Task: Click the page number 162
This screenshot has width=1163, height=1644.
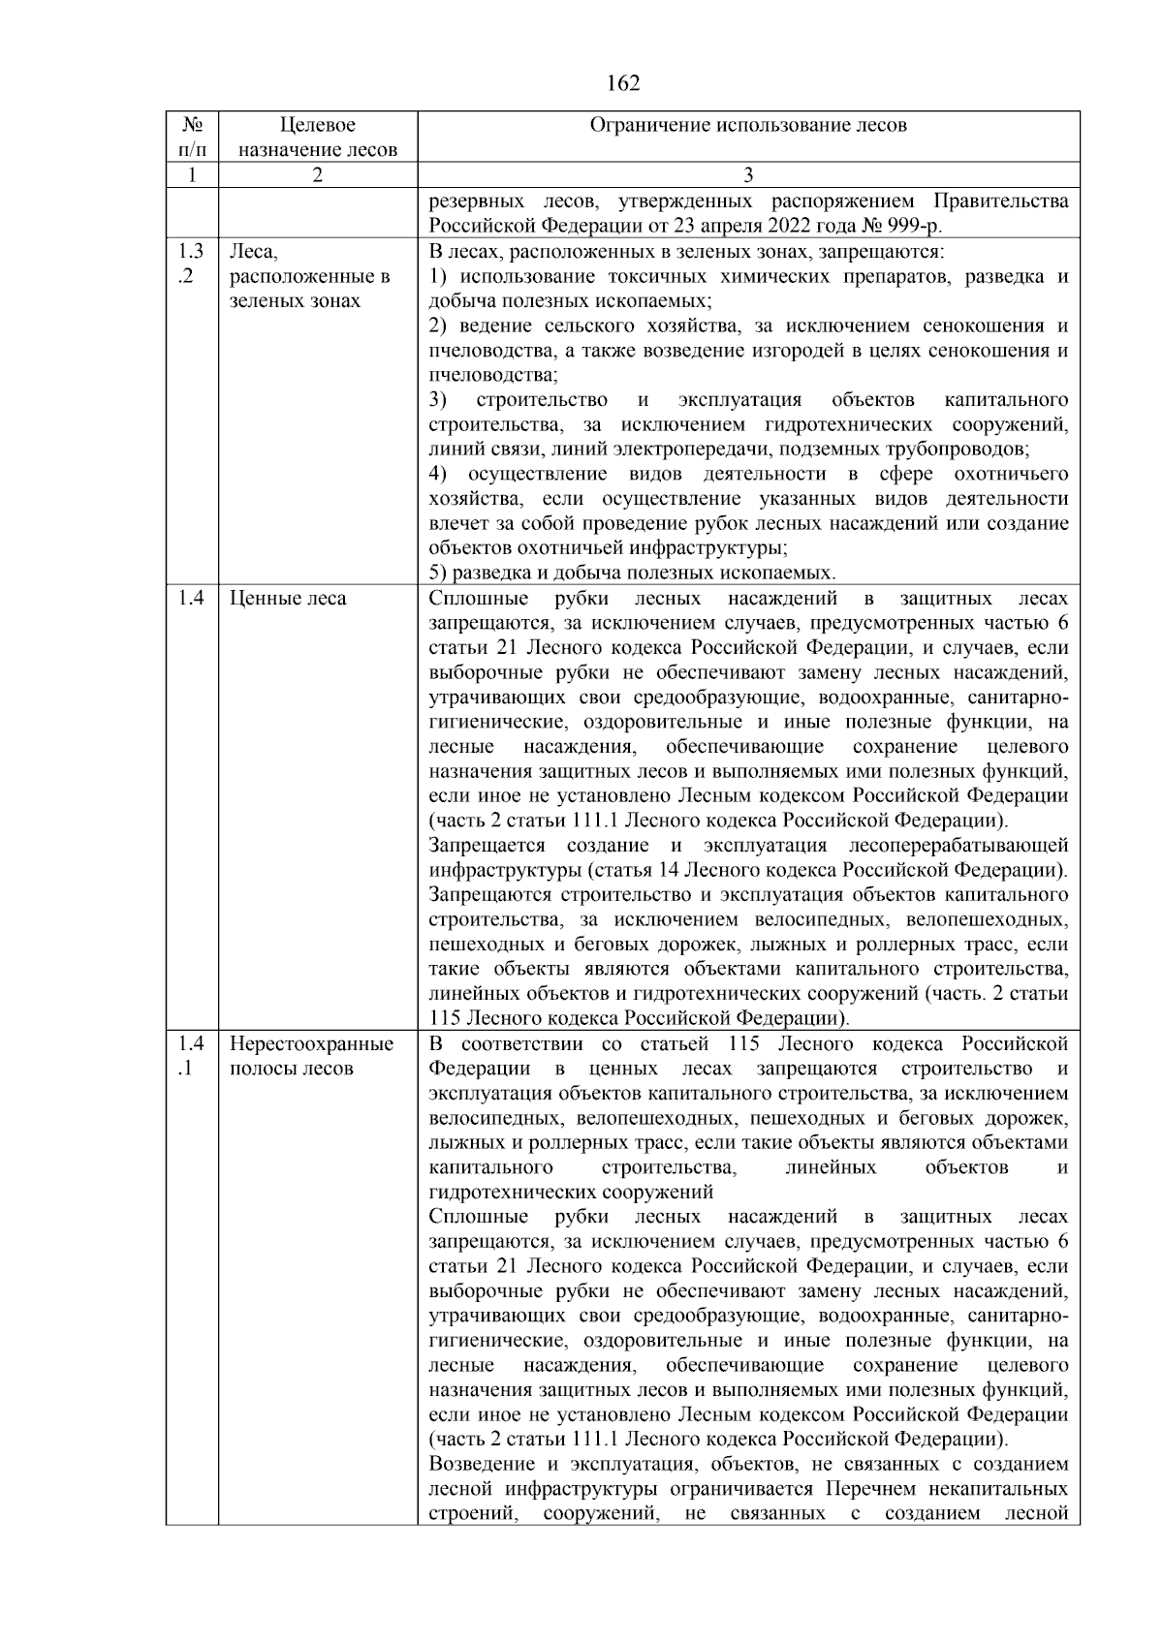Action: (622, 83)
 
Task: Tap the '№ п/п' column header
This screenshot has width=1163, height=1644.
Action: (191, 137)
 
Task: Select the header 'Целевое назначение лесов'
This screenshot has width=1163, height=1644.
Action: (317, 137)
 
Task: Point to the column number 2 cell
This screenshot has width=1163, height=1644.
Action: (317, 175)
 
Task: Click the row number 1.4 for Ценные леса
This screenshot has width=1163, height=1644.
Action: (191, 599)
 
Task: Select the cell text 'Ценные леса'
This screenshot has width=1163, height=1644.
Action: (288, 599)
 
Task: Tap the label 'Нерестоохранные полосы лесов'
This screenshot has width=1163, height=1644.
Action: (311, 1056)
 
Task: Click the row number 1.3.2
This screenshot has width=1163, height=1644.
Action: (191, 264)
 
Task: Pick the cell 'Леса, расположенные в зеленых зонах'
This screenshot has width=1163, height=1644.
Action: (309, 276)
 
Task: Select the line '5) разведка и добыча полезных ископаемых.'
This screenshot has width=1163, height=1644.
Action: (632, 573)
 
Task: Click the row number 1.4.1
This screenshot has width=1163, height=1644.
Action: (191, 1056)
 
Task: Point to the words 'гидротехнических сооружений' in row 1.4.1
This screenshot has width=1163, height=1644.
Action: (571, 1193)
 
